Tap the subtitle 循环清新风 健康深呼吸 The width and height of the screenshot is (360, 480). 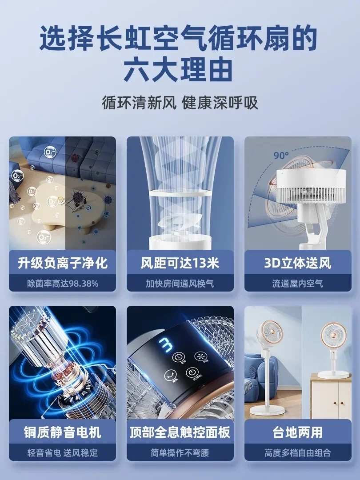coord(180,103)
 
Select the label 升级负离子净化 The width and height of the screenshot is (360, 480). coord(63,263)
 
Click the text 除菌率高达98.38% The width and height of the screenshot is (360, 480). coord(63,283)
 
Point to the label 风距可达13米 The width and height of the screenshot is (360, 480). coord(180,263)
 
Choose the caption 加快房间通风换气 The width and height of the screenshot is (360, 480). coord(180,283)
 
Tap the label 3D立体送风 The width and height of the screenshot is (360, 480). coord(298,263)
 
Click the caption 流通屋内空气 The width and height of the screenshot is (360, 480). coord(298,283)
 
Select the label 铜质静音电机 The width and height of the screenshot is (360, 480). coord(63,432)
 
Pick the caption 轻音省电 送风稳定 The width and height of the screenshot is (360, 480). coord(63,453)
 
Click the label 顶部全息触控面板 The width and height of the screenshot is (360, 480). coord(180,432)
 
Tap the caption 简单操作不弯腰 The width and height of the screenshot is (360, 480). coord(180,453)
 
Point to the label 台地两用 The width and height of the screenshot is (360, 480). coord(298,432)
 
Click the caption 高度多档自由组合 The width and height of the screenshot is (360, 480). coord(298,453)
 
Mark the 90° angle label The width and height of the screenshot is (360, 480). coord(281,156)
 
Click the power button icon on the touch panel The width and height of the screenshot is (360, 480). coord(192,372)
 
